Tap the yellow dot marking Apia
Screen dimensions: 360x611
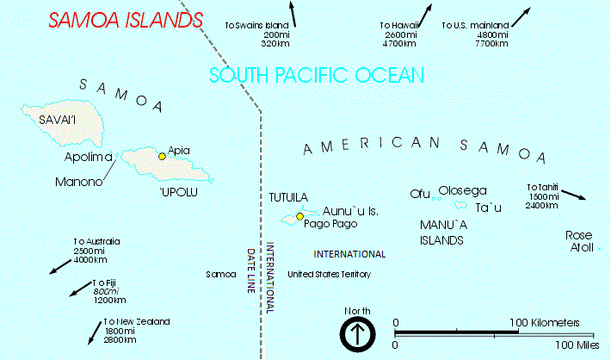162,156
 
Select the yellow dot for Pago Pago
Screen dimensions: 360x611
299,216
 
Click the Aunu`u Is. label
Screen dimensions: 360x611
350,211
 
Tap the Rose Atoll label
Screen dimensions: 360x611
579,241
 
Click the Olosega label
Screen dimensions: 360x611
463,190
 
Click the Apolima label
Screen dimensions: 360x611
89,158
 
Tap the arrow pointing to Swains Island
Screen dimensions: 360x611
293,15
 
